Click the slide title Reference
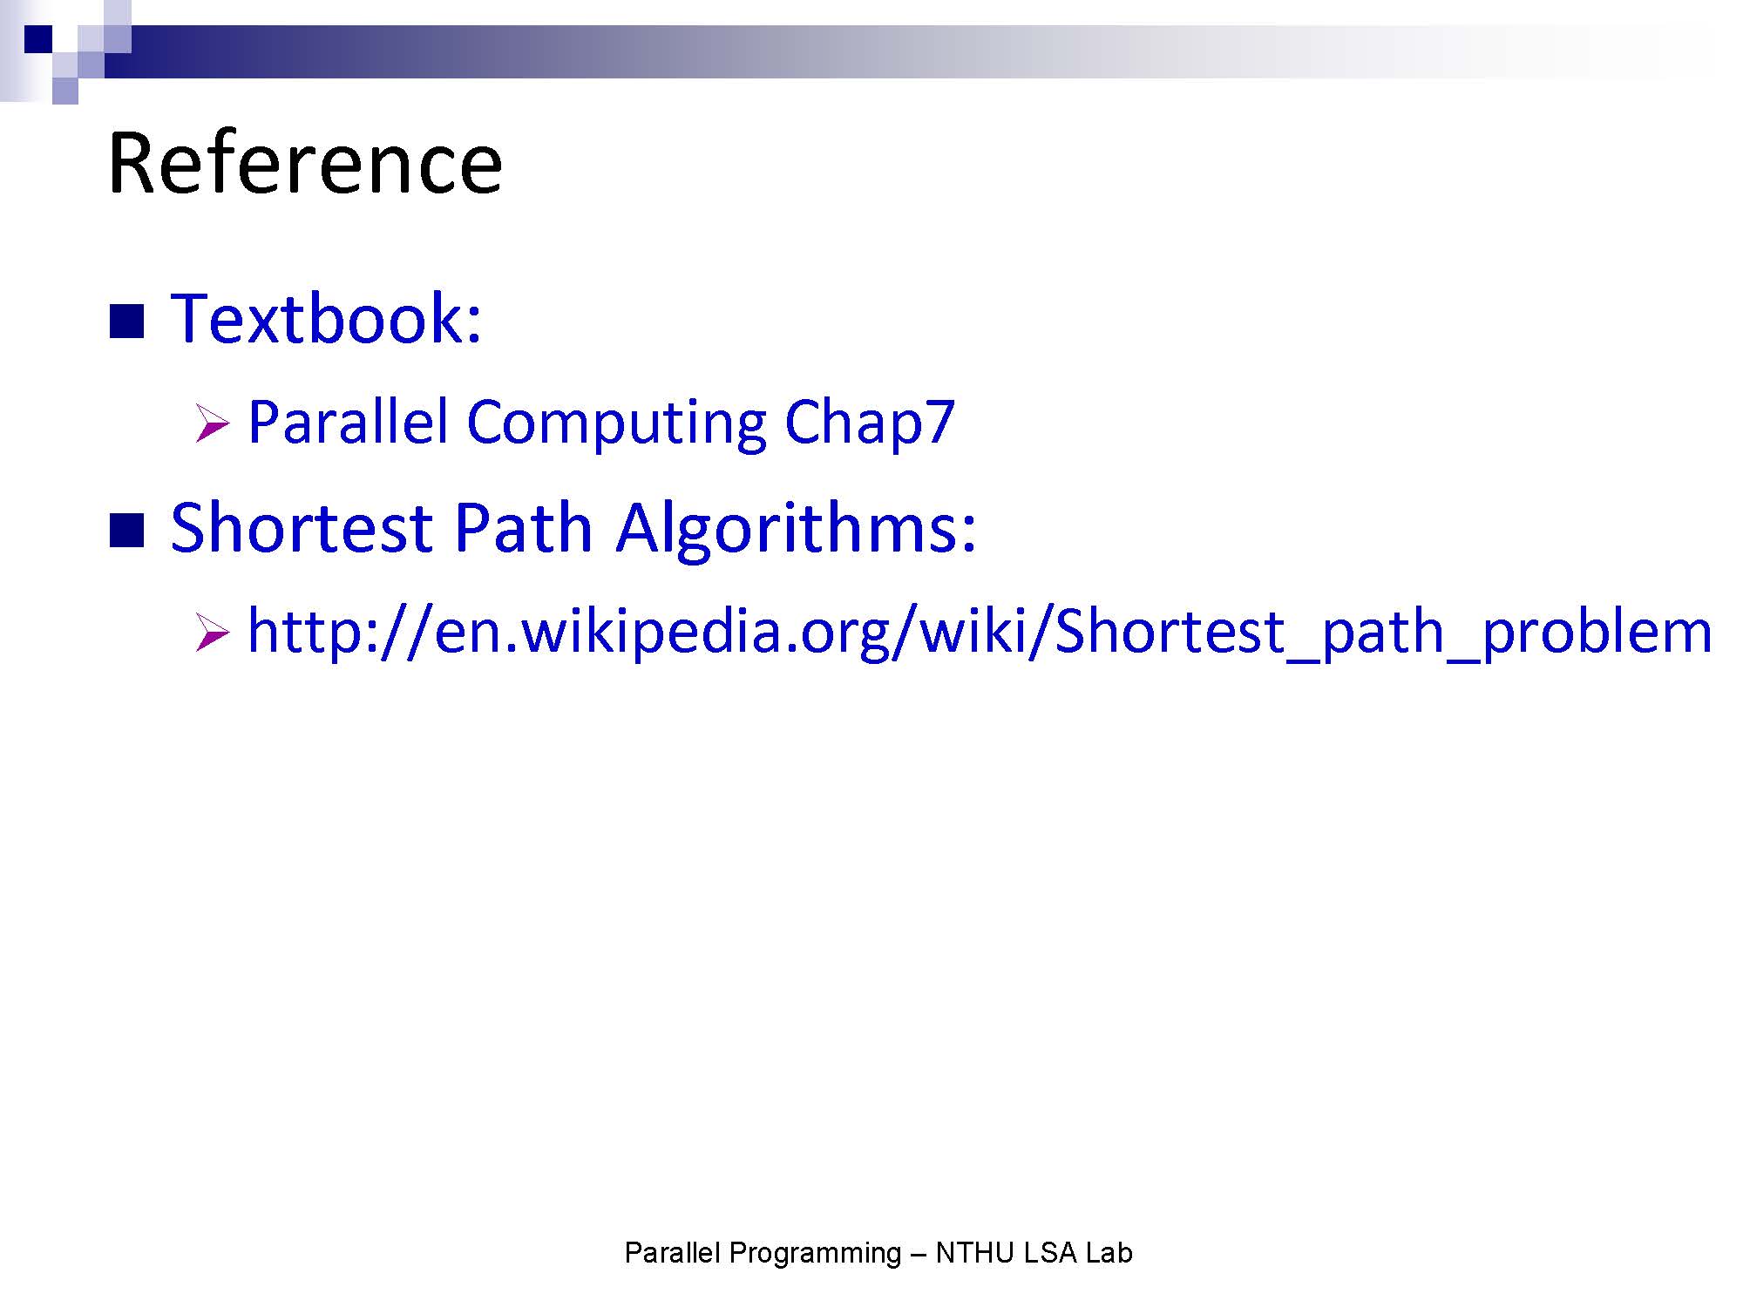pyautogui.click(x=305, y=163)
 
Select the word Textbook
pyautogui.click(x=317, y=318)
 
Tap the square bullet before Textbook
pyautogui.click(x=126, y=322)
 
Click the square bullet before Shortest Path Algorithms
pyautogui.click(x=126, y=531)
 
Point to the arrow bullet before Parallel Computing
pyautogui.click(x=212, y=423)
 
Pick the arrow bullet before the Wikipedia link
pyautogui.click(x=212, y=633)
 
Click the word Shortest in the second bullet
pyautogui.click(x=302, y=528)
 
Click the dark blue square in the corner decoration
pyautogui.click(x=38, y=39)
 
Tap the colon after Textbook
pyautogui.click(x=474, y=325)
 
